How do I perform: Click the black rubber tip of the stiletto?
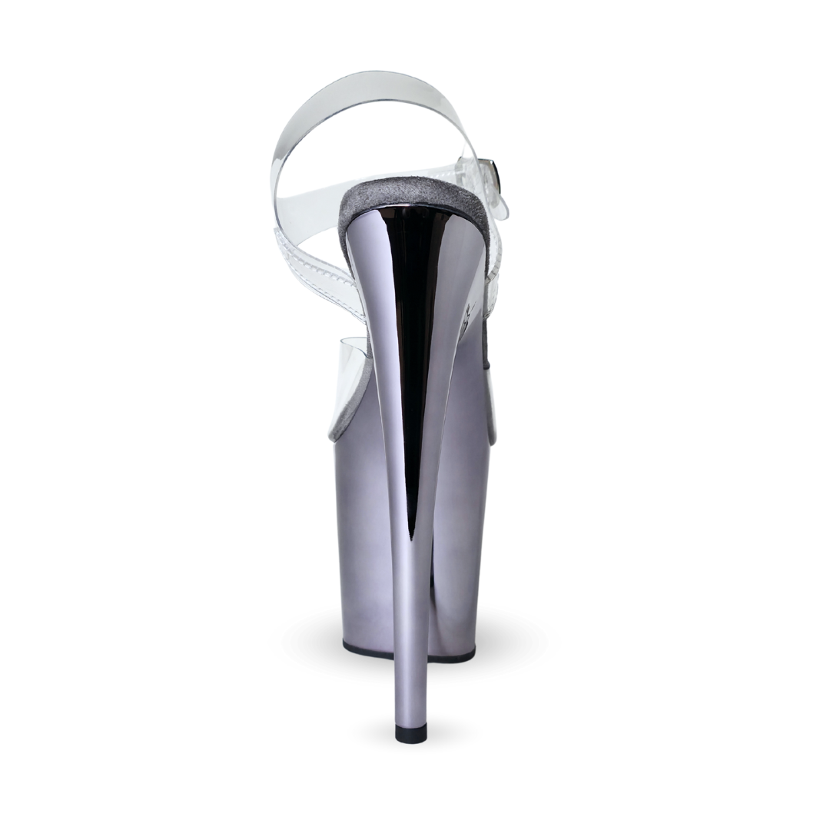[410, 733]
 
